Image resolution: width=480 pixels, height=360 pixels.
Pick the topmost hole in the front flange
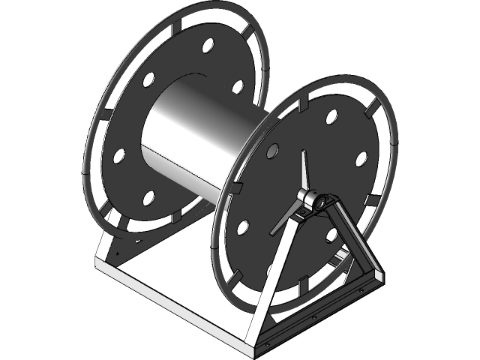point(331,117)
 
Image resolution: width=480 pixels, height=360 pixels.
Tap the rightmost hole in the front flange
point(361,159)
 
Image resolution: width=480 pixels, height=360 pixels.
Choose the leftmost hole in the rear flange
point(118,156)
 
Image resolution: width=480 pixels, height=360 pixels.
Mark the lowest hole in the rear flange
point(148,198)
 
